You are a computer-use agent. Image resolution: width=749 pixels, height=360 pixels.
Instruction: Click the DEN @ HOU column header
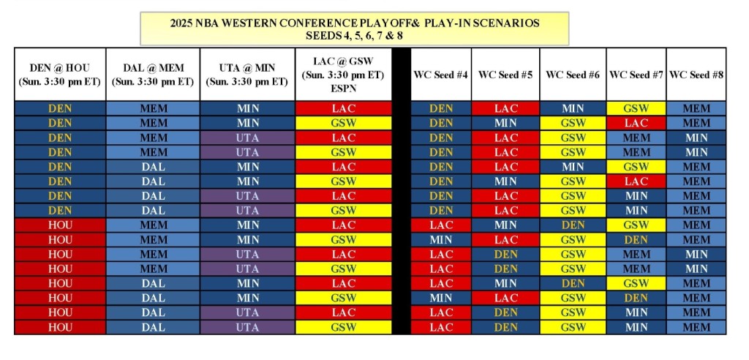pyautogui.click(x=60, y=75)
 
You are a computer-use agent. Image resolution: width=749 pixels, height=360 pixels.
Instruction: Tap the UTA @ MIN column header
pyautogui.click(x=247, y=75)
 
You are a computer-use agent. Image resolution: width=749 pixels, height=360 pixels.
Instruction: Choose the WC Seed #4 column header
pyautogui.click(x=441, y=75)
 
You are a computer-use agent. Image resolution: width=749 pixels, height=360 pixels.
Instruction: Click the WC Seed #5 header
pyautogui.click(x=505, y=75)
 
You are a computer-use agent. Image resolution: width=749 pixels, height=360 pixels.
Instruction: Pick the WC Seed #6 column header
pyautogui.click(x=573, y=75)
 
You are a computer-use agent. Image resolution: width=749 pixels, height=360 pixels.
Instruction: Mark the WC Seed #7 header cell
pyautogui.click(x=636, y=75)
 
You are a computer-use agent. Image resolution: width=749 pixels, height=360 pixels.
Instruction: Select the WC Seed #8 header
pyautogui.click(x=696, y=75)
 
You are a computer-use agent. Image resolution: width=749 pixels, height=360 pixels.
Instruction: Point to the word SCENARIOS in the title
pyautogui.click(x=505, y=23)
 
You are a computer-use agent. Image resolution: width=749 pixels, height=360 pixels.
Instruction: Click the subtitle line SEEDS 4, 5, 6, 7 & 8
pyautogui.click(x=354, y=35)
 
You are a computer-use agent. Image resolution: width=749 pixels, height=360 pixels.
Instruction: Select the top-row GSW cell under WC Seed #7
pyautogui.click(x=636, y=108)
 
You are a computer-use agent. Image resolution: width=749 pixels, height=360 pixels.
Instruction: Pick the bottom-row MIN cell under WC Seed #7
pyautogui.click(x=636, y=327)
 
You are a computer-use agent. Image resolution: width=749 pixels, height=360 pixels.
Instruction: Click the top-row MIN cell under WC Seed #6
pyautogui.click(x=573, y=108)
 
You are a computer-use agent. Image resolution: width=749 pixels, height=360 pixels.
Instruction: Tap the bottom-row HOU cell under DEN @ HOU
pyautogui.click(x=60, y=327)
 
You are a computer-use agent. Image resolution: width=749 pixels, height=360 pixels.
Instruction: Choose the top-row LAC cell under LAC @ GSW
pyautogui.click(x=343, y=108)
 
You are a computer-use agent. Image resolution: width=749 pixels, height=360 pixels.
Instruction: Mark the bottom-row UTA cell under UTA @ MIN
pyautogui.click(x=247, y=327)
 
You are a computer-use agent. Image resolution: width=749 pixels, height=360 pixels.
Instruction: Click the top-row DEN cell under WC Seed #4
pyautogui.click(x=441, y=108)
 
